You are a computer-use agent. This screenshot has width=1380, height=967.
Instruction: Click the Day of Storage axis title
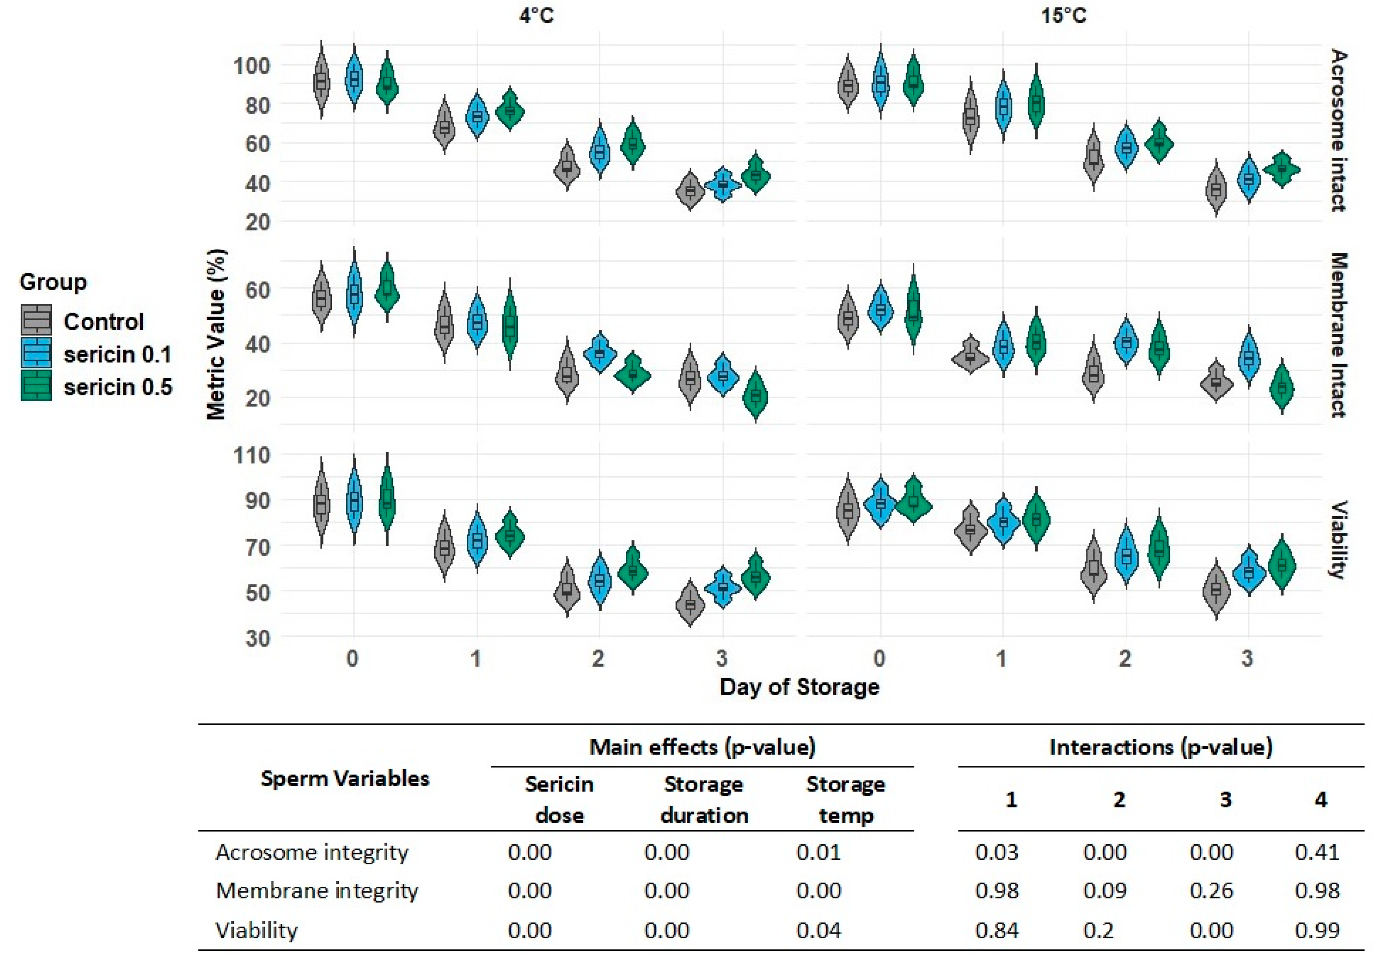(x=799, y=687)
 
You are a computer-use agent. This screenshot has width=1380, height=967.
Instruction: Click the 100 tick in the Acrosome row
(x=252, y=65)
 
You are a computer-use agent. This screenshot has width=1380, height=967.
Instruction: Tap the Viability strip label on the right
(x=1338, y=540)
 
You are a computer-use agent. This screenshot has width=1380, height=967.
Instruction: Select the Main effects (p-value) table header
(x=702, y=747)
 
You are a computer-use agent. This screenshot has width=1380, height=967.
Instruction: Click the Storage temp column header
(x=846, y=800)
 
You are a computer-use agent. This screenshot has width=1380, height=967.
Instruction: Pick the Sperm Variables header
(x=345, y=778)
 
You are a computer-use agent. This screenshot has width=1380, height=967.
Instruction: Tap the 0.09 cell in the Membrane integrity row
(x=1105, y=890)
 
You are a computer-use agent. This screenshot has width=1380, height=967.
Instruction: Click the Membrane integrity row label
(x=317, y=890)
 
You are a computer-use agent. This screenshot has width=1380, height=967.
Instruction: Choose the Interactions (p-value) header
(x=1161, y=747)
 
